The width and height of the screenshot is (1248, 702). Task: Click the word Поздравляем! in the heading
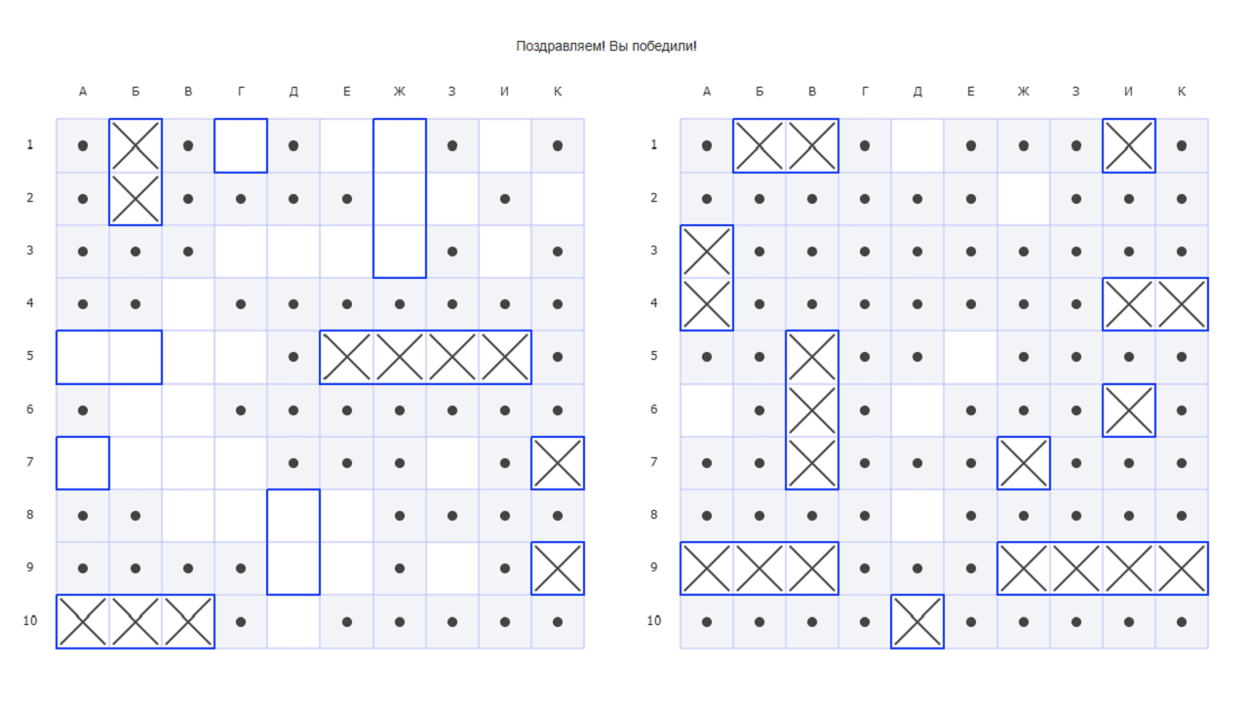[560, 46]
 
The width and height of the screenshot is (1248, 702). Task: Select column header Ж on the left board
[400, 92]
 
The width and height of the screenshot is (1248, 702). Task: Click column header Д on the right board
[917, 92]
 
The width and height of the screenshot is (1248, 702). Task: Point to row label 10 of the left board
[30, 621]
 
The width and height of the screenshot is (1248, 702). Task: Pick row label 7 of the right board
[654, 462]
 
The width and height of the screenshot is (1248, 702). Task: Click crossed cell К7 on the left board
[558, 463]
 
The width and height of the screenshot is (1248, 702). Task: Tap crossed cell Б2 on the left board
[136, 199]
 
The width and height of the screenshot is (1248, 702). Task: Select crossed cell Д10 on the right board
[917, 622]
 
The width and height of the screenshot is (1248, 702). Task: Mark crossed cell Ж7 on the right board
[1024, 463]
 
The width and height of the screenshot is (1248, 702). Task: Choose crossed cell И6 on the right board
[1129, 410]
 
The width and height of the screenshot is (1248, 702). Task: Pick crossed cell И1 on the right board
[1129, 146]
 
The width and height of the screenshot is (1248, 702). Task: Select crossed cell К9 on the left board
[558, 568]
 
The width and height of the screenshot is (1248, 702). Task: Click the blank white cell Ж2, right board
[1024, 199]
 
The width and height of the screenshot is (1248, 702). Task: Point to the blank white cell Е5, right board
[970, 357]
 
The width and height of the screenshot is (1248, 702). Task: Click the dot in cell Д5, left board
[293, 357]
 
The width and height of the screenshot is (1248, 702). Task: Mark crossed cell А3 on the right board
[707, 252]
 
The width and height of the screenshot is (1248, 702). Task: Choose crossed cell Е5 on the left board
[346, 357]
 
